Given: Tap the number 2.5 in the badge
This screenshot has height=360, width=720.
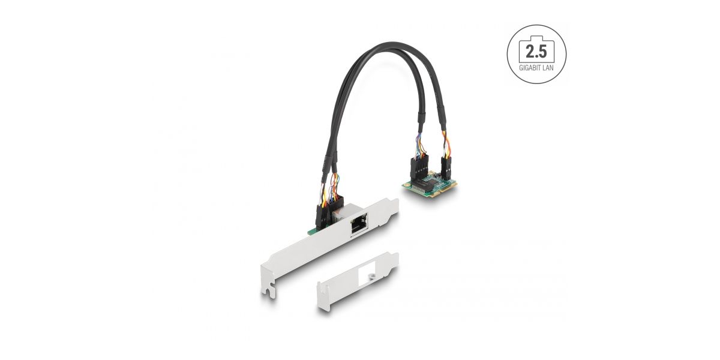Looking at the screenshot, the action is click(536, 52).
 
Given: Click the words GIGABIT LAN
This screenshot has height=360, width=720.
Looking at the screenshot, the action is click(536, 68).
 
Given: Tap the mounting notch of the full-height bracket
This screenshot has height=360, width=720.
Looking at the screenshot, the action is click(269, 290).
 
